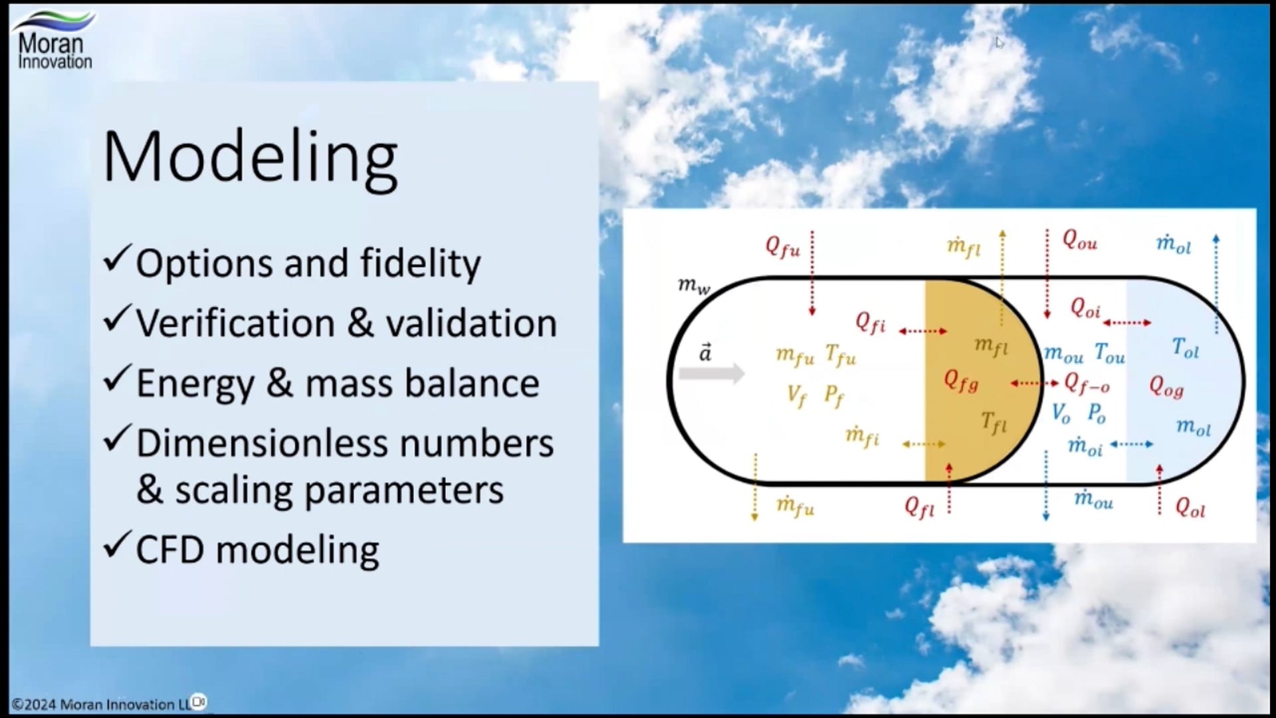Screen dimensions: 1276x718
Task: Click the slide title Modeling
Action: click(251, 158)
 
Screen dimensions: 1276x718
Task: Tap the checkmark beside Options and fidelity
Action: click(117, 259)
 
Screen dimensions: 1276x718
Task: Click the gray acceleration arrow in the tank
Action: click(711, 374)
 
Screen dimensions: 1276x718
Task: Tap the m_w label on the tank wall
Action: click(694, 285)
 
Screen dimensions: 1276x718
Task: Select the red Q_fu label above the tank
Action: click(783, 246)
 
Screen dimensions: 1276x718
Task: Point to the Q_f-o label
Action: click(1087, 382)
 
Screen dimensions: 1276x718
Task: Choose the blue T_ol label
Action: click(1186, 348)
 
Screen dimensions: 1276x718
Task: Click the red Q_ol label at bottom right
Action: click(1190, 508)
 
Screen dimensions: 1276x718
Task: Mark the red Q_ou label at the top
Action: click(1080, 239)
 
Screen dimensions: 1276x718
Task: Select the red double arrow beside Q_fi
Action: click(923, 330)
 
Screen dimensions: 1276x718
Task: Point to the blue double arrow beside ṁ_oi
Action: click(1132, 443)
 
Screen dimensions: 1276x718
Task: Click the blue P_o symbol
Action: click(1097, 414)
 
